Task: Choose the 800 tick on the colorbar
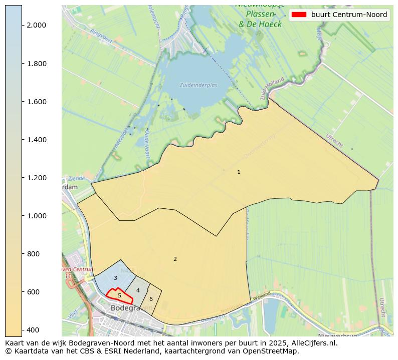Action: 33,254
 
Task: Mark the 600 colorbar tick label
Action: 33,292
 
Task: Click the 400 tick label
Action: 33,330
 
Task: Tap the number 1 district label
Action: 239,172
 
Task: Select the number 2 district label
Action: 175,259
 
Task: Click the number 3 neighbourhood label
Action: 115,278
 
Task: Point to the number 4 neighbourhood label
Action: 138,291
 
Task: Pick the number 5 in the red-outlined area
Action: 119,296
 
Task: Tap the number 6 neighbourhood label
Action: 151,299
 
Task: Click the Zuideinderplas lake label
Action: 198,85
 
